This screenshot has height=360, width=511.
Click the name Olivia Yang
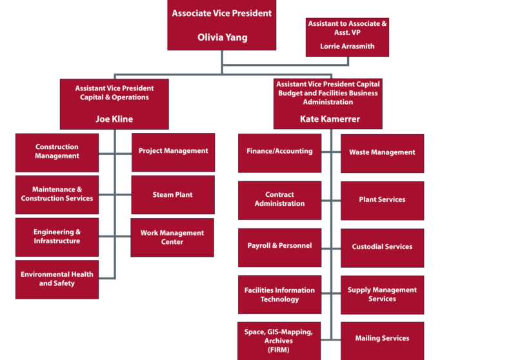click(x=222, y=37)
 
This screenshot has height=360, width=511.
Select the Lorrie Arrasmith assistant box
click(x=347, y=37)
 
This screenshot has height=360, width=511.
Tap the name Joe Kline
click(x=114, y=119)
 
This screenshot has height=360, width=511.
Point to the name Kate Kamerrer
click(x=330, y=119)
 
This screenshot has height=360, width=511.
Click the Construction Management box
click(x=57, y=152)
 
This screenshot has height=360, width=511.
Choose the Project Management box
click(x=173, y=152)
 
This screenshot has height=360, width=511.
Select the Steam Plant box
click(x=173, y=195)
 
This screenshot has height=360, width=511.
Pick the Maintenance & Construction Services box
click(x=57, y=194)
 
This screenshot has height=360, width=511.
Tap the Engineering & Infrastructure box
click(x=57, y=237)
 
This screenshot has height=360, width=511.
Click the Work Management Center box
click(x=173, y=237)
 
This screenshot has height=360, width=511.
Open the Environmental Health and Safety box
click(x=57, y=279)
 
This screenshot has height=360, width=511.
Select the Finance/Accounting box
click(x=279, y=152)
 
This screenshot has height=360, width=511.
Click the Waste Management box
click(x=382, y=153)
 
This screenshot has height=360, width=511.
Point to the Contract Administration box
click(x=279, y=199)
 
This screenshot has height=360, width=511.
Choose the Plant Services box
click(x=382, y=200)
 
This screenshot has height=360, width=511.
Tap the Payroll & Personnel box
click(x=279, y=246)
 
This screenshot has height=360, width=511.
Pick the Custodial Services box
click(x=382, y=247)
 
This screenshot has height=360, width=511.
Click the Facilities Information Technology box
click(x=279, y=295)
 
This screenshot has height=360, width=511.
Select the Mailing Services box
click(x=382, y=339)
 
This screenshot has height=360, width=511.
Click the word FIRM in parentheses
click(x=278, y=350)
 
